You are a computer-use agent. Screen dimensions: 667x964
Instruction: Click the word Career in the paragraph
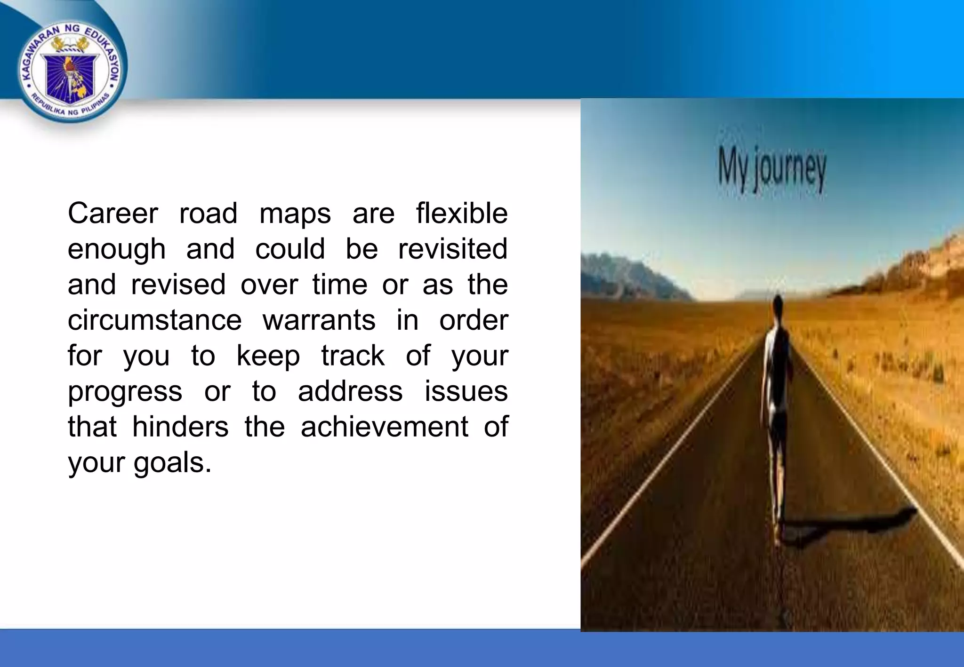[x=112, y=214]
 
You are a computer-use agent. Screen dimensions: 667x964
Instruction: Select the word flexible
[x=462, y=214]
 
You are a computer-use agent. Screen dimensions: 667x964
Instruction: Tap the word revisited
[x=453, y=249]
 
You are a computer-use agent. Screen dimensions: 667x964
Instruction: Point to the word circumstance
[x=154, y=320]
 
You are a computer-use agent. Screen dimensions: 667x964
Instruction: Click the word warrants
[x=319, y=320]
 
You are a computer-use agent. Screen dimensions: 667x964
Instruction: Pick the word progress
[x=125, y=392]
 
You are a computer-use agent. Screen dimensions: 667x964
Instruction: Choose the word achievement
[x=384, y=427]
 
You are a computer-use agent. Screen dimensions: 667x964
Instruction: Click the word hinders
[x=180, y=427]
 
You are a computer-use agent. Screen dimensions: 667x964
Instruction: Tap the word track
[x=353, y=356]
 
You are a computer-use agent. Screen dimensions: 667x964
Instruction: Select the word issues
[x=466, y=391]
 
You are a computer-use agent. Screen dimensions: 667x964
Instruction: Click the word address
[x=350, y=391]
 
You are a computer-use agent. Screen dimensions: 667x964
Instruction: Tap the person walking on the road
[x=777, y=405]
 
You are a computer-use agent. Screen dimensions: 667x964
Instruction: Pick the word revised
[x=178, y=285]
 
